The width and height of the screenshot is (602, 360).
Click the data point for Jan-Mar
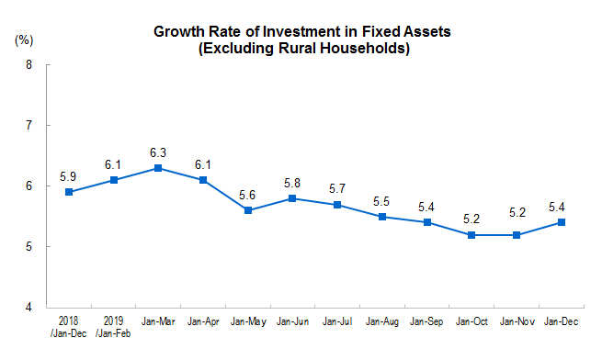click(x=158, y=168)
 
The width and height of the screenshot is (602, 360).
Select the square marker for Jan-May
click(x=248, y=210)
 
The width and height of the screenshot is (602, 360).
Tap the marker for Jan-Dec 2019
click(x=562, y=222)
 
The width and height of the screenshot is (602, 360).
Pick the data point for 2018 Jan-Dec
click(x=69, y=192)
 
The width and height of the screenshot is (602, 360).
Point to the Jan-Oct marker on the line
click(x=471, y=235)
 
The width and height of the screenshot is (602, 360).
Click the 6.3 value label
click(x=158, y=152)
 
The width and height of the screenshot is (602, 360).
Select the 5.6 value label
click(x=247, y=195)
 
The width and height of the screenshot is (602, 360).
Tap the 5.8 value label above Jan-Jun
click(x=292, y=183)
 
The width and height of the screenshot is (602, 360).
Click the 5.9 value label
click(x=68, y=176)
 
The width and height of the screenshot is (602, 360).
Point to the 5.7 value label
click(x=337, y=188)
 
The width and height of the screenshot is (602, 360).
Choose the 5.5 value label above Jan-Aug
click(x=381, y=201)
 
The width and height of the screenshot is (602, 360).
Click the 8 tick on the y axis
click(x=28, y=64)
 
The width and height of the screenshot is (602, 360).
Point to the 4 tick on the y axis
click(x=28, y=307)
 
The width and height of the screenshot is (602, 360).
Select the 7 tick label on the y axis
click(x=28, y=125)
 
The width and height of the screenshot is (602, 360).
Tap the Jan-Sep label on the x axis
click(x=426, y=321)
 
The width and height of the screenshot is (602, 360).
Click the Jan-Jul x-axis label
click(x=337, y=321)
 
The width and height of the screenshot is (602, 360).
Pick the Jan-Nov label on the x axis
click(x=517, y=321)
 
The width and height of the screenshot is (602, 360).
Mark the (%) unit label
click(x=24, y=39)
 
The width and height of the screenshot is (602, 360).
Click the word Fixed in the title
click(x=381, y=31)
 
